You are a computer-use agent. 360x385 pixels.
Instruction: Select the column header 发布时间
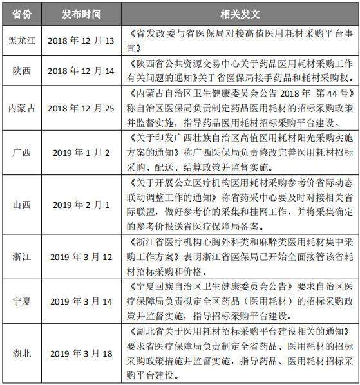81,14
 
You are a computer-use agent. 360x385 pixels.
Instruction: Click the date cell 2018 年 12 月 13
81,41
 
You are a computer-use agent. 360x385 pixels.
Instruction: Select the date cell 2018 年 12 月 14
81,70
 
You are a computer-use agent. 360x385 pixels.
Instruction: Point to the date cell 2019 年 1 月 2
81,152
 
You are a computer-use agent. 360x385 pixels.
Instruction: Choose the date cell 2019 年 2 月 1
81,205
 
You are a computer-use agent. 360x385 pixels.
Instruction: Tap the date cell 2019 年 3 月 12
81,257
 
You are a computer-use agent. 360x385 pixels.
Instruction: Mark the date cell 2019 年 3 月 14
81,301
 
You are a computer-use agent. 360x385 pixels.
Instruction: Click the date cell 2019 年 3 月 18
81,353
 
